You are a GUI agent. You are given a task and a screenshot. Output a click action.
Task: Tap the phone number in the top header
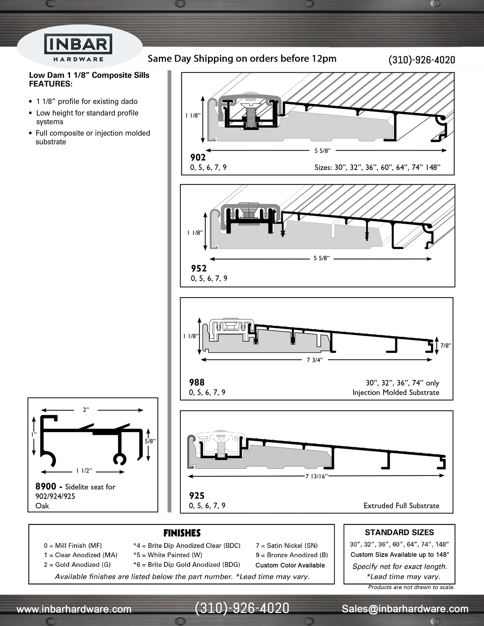[x=421, y=60]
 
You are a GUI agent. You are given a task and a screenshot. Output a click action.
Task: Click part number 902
[x=198, y=157]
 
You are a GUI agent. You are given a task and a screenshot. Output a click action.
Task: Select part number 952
[x=199, y=268]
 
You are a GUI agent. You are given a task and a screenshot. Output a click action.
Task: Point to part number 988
[x=197, y=382]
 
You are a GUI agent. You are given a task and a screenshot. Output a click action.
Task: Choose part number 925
[x=197, y=495]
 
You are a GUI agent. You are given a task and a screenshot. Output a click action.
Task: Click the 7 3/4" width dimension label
[x=314, y=360]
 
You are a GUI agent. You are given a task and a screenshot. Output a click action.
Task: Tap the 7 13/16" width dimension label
[x=316, y=476]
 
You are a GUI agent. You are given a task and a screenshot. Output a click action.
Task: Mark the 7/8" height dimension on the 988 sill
[x=445, y=346]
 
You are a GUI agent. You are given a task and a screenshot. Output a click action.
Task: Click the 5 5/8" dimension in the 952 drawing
[x=322, y=258]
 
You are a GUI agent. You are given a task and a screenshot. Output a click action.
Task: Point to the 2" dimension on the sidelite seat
[x=86, y=410]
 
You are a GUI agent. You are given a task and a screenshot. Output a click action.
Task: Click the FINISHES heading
[x=182, y=533]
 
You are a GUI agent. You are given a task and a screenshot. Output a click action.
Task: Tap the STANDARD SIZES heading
[x=399, y=532]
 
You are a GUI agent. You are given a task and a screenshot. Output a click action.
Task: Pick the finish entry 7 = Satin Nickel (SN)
[x=286, y=546]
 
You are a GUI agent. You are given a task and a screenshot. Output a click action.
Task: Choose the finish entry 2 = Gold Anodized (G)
[x=77, y=564]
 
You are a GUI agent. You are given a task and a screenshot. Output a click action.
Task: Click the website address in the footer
[x=74, y=609]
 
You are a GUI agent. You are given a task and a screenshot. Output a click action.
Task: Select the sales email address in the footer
[x=405, y=609]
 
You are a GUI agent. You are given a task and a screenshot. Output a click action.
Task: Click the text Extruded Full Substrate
[x=401, y=505]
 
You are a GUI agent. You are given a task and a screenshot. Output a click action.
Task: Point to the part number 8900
[x=46, y=486]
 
